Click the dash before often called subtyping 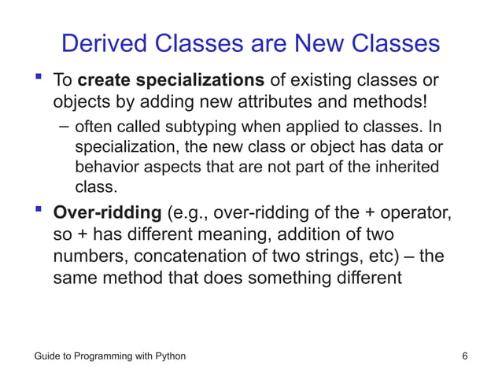point(63,129)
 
